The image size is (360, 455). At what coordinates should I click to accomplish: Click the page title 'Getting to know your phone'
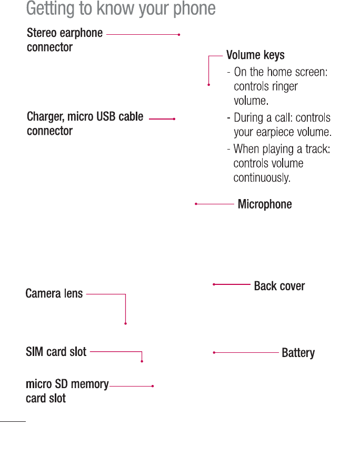[x=121, y=9]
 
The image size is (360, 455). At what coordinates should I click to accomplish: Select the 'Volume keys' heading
[x=255, y=55]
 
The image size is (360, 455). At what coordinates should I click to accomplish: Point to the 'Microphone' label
[x=265, y=204]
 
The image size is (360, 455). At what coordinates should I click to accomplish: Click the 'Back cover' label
[x=279, y=286]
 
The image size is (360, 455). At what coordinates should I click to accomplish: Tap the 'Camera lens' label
[x=54, y=293]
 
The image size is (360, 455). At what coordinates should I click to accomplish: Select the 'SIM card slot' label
[x=56, y=351]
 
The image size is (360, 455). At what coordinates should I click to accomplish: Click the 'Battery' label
[x=298, y=353]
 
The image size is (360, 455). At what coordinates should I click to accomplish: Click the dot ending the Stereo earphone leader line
[x=179, y=34]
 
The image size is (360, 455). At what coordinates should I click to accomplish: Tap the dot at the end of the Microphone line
[x=196, y=204]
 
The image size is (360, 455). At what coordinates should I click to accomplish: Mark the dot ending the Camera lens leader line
[x=126, y=323]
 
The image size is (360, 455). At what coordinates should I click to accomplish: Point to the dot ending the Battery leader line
[x=214, y=352]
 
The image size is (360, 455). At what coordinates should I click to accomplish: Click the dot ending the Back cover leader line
[x=214, y=284]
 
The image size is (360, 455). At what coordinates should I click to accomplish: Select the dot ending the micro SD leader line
[x=152, y=386]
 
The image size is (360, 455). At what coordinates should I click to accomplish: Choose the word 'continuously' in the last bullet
[x=262, y=178]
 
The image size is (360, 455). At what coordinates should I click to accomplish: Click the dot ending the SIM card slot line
[x=142, y=361]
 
